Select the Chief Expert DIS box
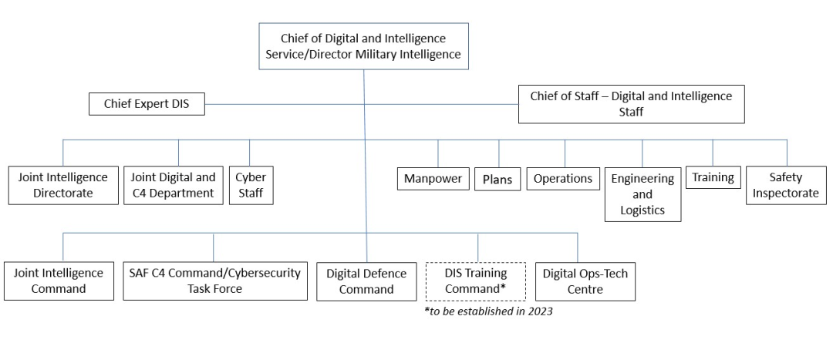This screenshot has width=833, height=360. point(147,104)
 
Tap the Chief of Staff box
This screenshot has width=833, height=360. point(631,104)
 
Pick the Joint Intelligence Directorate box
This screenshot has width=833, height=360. point(62,184)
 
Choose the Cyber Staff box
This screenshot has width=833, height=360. point(251,184)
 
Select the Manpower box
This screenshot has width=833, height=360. point(434,179)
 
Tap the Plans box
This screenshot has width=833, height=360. point(497,179)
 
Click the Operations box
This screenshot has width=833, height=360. point(564,179)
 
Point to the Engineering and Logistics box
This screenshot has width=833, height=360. point(642,193)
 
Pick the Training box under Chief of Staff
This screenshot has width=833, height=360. point(712,177)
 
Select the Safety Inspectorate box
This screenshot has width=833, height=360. point(785,184)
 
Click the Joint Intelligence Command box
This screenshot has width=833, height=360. point(59,281)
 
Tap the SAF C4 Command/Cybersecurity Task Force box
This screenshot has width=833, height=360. point(214,281)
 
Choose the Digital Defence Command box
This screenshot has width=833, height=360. point(359,281)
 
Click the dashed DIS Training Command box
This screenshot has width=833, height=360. point(475,281)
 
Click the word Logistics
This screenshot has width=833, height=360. point(642,209)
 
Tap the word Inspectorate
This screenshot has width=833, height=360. point(785,193)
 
